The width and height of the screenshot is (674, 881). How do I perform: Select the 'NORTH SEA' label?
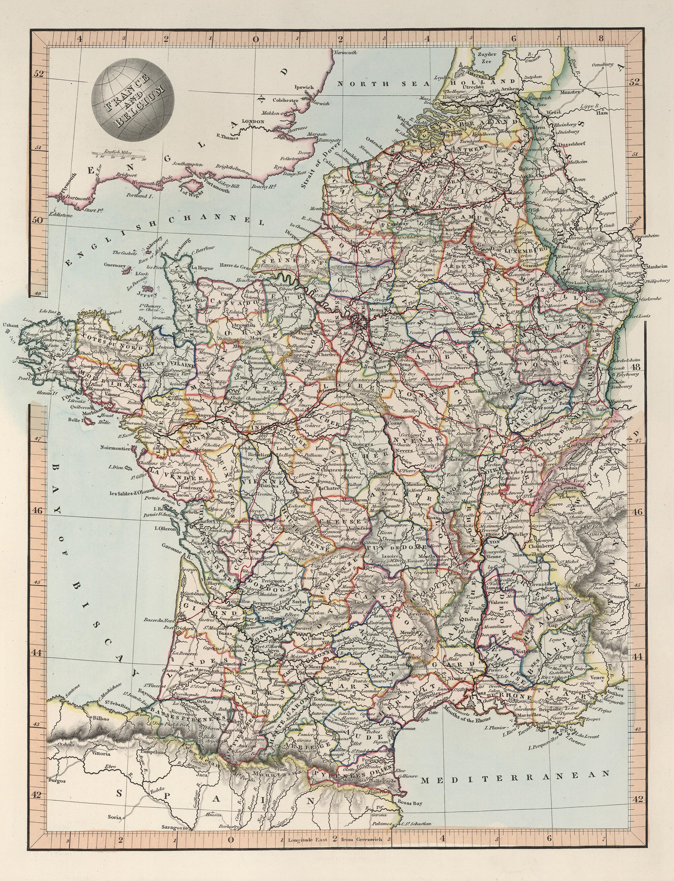383,84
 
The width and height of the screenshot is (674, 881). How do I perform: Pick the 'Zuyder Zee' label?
489,58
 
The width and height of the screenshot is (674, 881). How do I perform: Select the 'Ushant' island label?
10,325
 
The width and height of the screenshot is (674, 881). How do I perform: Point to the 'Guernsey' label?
114,265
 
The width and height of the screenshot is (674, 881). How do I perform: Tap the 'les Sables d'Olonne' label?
133,493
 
